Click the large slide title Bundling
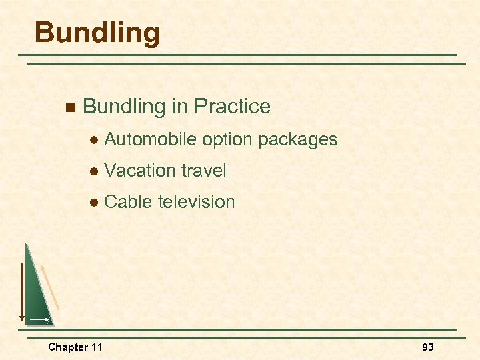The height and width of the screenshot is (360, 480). (97, 33)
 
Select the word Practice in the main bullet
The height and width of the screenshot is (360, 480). (231, 107)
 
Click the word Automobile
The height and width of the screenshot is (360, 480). (150, 139)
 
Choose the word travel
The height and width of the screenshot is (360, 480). (203, 171)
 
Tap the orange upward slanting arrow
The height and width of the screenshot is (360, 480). (50, 287)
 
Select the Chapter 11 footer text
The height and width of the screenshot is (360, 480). (75, 347)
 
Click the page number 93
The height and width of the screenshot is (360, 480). (427, 347)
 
